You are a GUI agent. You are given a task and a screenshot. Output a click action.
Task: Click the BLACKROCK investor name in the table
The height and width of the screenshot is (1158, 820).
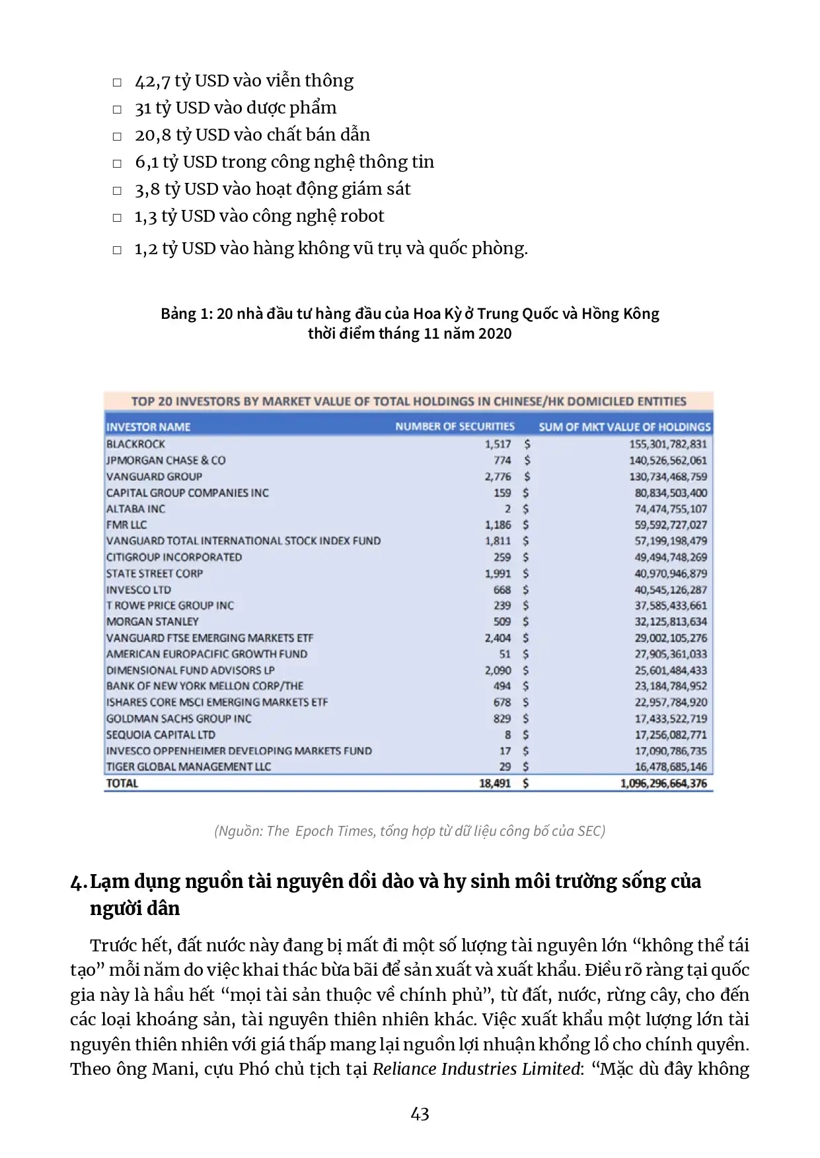point(135,444)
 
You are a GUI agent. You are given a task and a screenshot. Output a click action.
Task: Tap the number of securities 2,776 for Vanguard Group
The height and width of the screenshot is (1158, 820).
point(498,477)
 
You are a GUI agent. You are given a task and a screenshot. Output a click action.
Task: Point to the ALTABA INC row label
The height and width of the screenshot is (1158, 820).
point(135,509)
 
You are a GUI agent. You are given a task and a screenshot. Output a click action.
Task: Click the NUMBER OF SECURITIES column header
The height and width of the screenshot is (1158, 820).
point(455,426)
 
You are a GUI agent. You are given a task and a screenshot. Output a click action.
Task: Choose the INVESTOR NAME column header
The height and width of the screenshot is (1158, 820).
point(148,427)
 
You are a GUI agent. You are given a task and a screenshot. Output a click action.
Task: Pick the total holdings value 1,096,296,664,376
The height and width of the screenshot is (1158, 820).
point(663,784)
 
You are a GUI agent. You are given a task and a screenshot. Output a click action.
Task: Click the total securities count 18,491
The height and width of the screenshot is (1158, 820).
point(495,784)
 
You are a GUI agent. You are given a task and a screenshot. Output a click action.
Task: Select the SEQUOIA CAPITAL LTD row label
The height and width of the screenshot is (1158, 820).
point(161,735)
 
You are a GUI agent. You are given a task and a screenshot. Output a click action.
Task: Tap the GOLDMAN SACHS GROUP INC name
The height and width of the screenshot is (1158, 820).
point(178,719)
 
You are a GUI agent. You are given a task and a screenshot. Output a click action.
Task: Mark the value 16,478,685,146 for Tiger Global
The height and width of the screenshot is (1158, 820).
point(671,767)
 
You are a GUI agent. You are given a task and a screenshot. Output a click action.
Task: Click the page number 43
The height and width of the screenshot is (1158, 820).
point(420,1114)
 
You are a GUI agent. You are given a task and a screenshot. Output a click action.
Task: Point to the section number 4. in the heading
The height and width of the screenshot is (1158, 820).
point(78,883)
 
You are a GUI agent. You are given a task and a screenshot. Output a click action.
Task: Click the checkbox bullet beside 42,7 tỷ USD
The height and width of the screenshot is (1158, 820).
point(117,83)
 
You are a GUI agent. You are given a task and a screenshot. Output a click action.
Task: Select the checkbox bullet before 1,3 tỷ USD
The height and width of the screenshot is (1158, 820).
point(117,217)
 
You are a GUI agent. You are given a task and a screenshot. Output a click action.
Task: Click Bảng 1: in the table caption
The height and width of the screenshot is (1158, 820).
point(186,314)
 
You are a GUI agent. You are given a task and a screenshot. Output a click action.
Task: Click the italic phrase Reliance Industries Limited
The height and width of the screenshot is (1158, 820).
point(476,1069)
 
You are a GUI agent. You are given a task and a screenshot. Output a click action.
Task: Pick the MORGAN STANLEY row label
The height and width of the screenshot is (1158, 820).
point(152,622)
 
